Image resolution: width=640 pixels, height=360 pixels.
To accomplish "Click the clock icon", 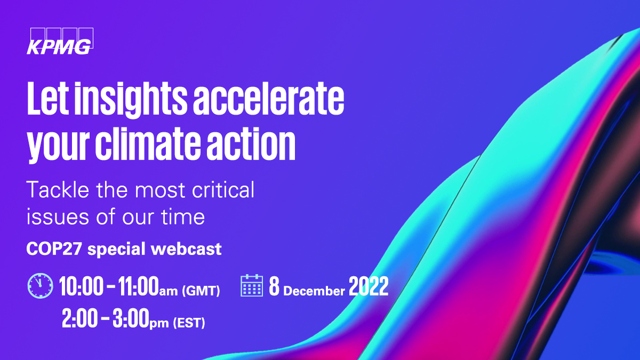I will point(40,286).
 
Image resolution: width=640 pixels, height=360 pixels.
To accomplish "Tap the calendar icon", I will point(252,286).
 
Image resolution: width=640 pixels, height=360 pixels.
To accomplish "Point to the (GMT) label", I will point(201,291).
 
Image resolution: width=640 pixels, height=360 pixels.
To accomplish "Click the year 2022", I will point(369,287).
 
